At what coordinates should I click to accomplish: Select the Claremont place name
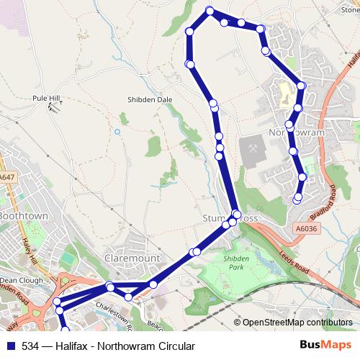click(x=131, y=257)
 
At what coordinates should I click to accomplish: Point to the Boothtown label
click(x=22, y=216)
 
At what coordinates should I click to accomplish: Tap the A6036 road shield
click(x=305, y=228)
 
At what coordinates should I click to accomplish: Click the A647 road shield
click(x=6, y=176)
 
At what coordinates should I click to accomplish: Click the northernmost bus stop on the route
click(x=210, y=10)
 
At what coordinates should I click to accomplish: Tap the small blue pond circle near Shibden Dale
click(x=117, y=132)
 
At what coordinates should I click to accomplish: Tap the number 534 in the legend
click(x=31, y=346)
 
